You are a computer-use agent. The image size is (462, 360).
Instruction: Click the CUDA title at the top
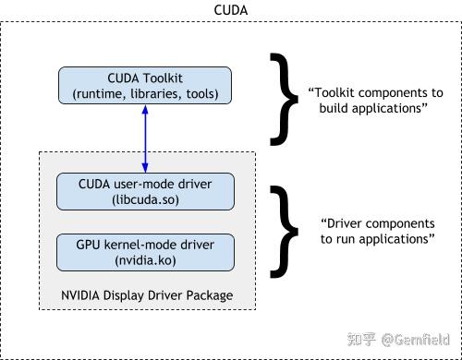pyautogui.click(x=230, y=9)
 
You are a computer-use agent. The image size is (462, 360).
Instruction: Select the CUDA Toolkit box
pyautogui.click(x=144, y=85)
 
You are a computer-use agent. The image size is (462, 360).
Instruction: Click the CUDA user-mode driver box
pyautogui.click(x=144, y=191)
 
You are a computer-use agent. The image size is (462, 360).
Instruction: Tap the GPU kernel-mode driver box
pyautogui.click(x=144, y=253)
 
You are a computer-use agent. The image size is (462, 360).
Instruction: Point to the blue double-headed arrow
pyautogui.click(x=144, y=138)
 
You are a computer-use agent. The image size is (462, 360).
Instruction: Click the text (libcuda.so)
pyautogui.click(x=144, y=199)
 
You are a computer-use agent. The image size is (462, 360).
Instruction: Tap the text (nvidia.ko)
pyautogui.click(x=144, y=261)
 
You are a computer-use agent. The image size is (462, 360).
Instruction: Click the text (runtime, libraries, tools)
pyautogui.click(x=144, y=93)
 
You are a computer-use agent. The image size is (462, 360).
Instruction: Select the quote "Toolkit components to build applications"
pyautogui.click(x=374, y=101)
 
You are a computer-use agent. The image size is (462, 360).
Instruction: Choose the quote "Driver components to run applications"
pyautogui.click(x=377, y=231)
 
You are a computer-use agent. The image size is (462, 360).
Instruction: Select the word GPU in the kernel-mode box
pyautogui.click(x=89, y=246)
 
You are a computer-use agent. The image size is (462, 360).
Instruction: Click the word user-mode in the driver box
pyautogui.click(x=143, y=184)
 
